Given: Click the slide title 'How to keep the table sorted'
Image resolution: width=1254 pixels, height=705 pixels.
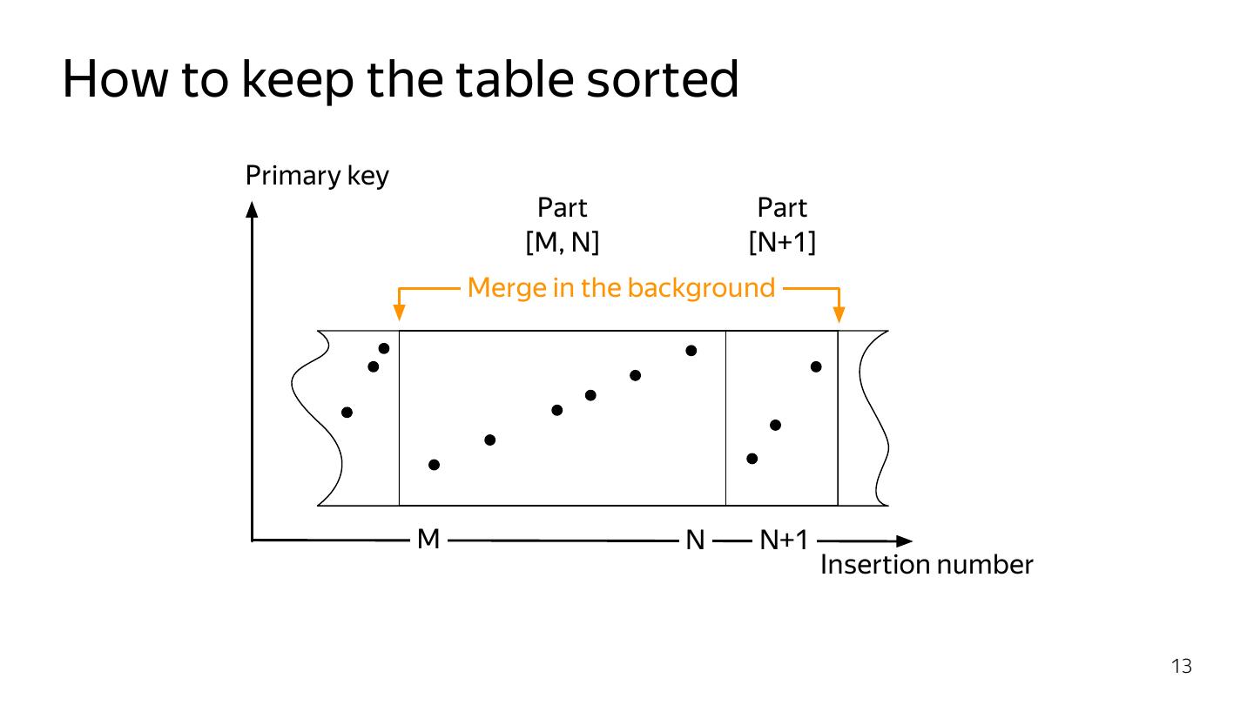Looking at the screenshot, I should (401, 80).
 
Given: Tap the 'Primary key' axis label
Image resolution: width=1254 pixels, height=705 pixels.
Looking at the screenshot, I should (317, 176).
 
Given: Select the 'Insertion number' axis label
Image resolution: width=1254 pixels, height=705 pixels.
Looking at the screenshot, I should (927, 566).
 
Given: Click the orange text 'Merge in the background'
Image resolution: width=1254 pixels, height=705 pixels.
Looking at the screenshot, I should (621, 287).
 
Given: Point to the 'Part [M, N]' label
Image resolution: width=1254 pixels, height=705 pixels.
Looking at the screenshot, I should (563, 225).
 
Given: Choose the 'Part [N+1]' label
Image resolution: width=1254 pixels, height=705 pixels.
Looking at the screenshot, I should (782, 225).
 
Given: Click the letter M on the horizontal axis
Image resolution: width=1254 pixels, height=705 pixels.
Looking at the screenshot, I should (428, 540).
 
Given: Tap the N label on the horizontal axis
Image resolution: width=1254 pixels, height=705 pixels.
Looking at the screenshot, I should (695, 541).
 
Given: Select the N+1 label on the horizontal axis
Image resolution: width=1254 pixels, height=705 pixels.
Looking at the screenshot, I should (784, 541).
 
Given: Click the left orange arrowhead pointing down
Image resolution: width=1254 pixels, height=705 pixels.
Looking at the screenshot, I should (399, 315).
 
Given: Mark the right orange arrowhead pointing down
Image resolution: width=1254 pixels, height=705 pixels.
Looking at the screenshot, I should (839, 315).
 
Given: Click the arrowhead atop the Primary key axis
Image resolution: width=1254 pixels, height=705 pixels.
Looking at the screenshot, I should (253, 209).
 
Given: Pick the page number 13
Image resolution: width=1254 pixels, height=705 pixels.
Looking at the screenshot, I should (1181, 667).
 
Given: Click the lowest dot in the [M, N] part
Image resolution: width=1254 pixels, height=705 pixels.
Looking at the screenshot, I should (435, 465).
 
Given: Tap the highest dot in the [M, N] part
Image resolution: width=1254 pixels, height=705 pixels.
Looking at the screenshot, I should (691, 351).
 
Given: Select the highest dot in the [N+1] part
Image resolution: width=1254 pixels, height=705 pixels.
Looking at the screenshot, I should (816, 366).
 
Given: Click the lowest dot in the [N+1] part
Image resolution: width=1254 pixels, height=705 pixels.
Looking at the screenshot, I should (752, 458).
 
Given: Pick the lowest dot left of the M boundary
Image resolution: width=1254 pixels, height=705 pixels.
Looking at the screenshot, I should (347, 412).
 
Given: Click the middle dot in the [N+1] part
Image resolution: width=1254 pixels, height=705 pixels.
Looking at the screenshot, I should (775, 425).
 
